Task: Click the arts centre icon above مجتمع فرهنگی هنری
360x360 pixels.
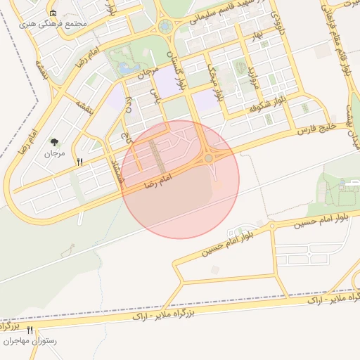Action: pos(53,13)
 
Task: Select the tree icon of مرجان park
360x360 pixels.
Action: pos(54,142)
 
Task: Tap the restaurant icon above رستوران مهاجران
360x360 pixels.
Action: pos(30,330)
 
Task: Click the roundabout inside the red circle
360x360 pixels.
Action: pos(209,158)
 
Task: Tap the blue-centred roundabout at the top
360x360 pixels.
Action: pos(165,27)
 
